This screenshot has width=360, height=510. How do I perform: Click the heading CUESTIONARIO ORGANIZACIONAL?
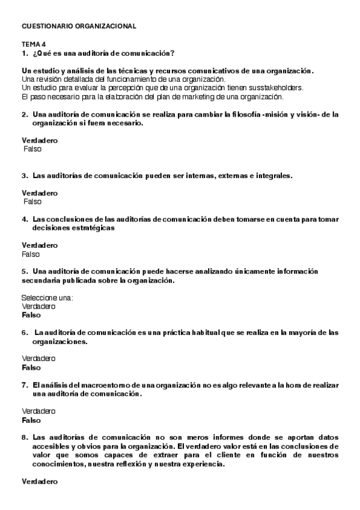pyautogui.click(x=79, y=26)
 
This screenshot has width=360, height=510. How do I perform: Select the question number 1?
pyautogui.click(x=24, y=54)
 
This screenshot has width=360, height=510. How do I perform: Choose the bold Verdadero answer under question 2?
pyautogui.click(x=40, y=140)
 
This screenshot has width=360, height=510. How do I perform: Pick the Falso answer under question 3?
pyautogui.click(x=32, y=201)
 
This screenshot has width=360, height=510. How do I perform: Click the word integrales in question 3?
pyautogui.click(x=270, y=176)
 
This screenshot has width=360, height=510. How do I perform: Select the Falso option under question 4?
pyautogui.click(x=31, y=254)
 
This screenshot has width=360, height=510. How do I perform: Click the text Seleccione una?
pyautogui.click(x=47, y=298)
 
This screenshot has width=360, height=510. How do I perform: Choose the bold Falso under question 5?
pyautogui.click(x=31, y=315)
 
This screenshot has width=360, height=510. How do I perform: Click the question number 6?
pyautogui.click(x=25, y=332)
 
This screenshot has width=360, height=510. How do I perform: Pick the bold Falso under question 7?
pyautogui.click(x=31, y=420)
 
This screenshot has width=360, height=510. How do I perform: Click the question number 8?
pyautogui.click(x=24, y=437)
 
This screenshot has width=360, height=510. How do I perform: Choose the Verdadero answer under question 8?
pyautogui.click(x=40, y=482)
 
